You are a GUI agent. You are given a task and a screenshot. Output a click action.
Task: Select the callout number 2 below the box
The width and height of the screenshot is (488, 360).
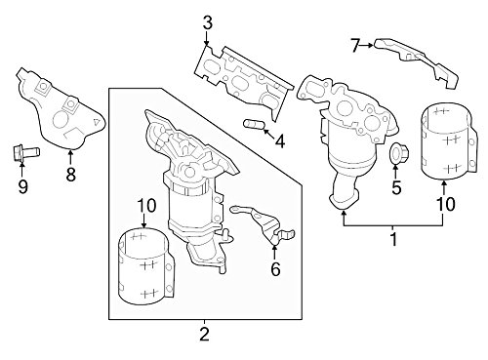point(204,336)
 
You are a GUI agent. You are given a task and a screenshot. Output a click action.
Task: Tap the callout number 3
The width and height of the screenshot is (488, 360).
point(206,20)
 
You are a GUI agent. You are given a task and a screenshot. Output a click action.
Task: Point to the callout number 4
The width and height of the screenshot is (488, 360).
point(279,142)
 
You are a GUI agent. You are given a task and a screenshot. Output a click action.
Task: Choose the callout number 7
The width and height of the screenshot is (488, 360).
point(356,43)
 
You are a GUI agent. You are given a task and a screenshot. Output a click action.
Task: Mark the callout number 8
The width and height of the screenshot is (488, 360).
point(69,176)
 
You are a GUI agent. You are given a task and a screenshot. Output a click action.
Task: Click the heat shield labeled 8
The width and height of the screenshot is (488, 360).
point(59,112)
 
